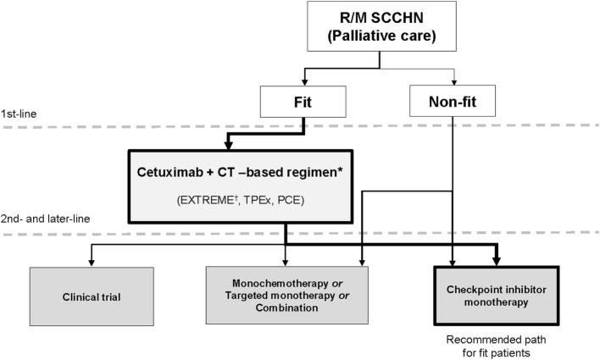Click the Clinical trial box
pyautogui.click(x=92, y=298)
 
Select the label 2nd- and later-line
pyautogui.click(x=42, y=219)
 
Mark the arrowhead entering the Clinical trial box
pyautogui.click(x=92, y=263)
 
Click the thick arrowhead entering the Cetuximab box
pyautogui.click(x=286, y=145)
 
